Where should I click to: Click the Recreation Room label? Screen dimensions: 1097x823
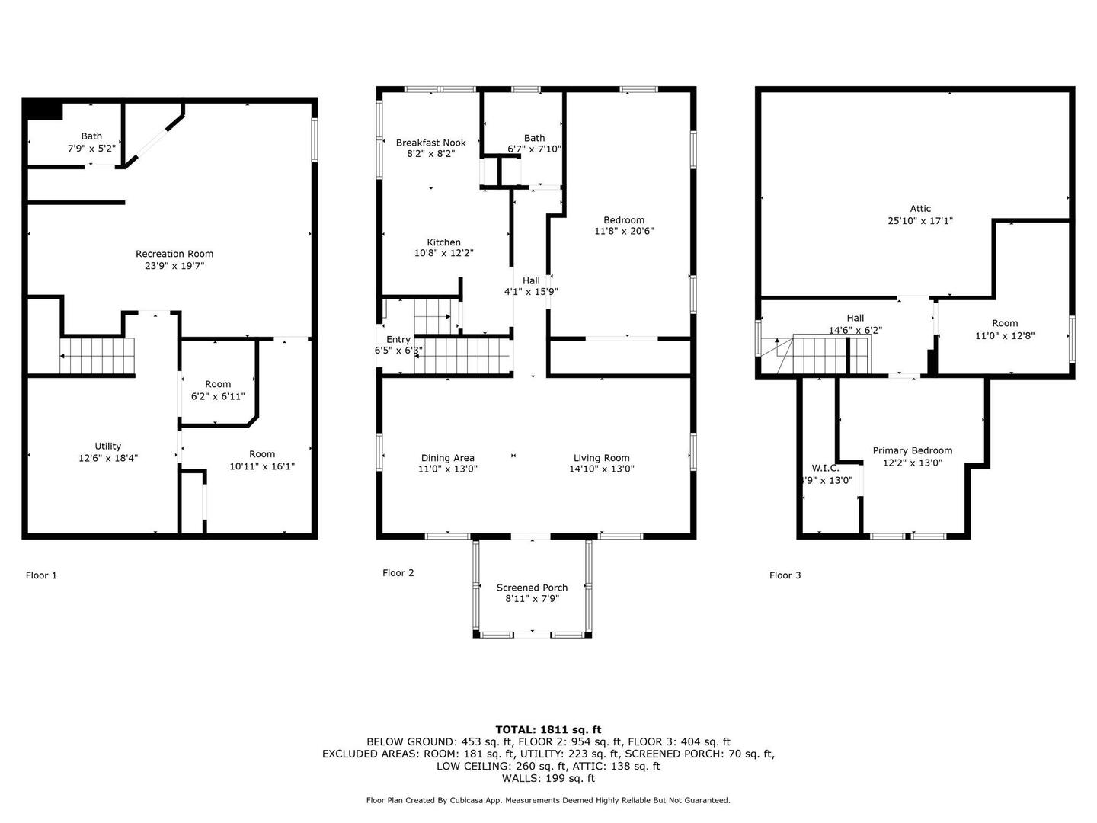[174, 254]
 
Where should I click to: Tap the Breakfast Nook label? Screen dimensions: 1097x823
[431, 143]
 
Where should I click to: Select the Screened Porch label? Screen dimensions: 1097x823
[532, 588]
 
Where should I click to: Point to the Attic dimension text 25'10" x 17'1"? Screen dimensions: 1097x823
[920, 220]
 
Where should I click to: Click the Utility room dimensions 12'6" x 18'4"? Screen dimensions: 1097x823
[108, 458]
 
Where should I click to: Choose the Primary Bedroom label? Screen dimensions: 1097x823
[912, 450]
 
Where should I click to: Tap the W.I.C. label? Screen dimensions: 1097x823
[825, 468]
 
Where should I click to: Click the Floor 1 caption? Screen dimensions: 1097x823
[41, 575]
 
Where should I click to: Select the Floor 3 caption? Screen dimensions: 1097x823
[785, 575]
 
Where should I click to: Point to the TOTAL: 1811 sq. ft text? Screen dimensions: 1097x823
[548, 729]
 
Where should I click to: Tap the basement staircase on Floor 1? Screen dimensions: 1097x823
[97, 356]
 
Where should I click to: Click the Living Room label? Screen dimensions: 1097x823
[601, 458]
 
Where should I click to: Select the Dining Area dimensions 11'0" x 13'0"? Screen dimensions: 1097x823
[448, 469]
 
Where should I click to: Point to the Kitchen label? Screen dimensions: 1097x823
[443, 242]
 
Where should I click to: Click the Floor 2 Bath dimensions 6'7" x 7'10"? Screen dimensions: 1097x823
[534, 149]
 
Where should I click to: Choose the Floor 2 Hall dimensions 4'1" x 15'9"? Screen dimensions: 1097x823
[531, 292]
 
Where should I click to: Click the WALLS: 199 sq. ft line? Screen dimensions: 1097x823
[548, 778]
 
